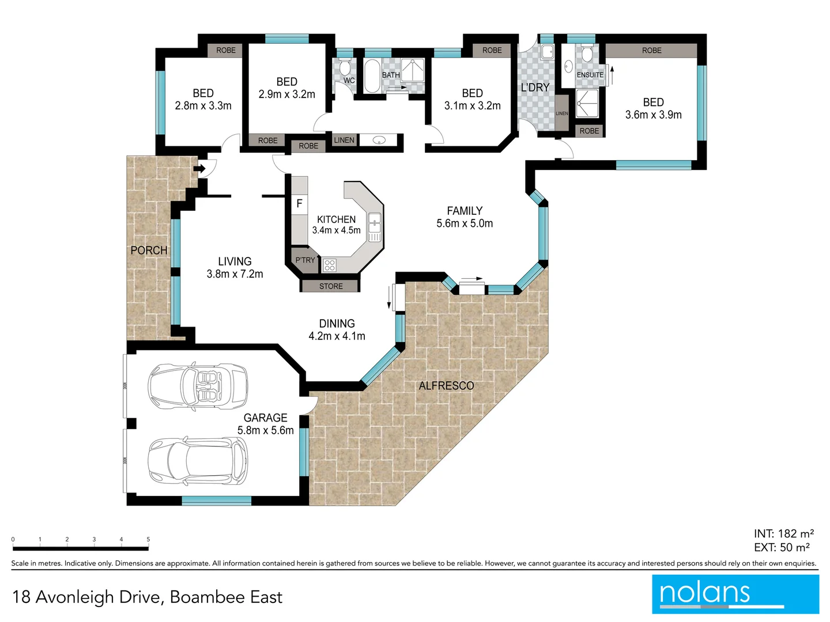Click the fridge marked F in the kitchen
(300, 204)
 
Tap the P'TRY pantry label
(305, 260)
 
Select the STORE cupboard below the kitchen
(330, 286)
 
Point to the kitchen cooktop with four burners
(329, 265)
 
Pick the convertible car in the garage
(198, 386)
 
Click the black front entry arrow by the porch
(199, 168)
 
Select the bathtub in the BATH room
(372, 75)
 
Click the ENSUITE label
(590, 75)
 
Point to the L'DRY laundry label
(535, 88)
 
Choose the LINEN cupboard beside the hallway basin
(344, 140)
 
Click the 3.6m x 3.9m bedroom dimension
(654, 115)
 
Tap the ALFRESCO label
(446, 386)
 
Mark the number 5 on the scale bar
(148, 539)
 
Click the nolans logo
(735, 594)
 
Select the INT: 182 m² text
(784, 534)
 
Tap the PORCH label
(149, 250)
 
